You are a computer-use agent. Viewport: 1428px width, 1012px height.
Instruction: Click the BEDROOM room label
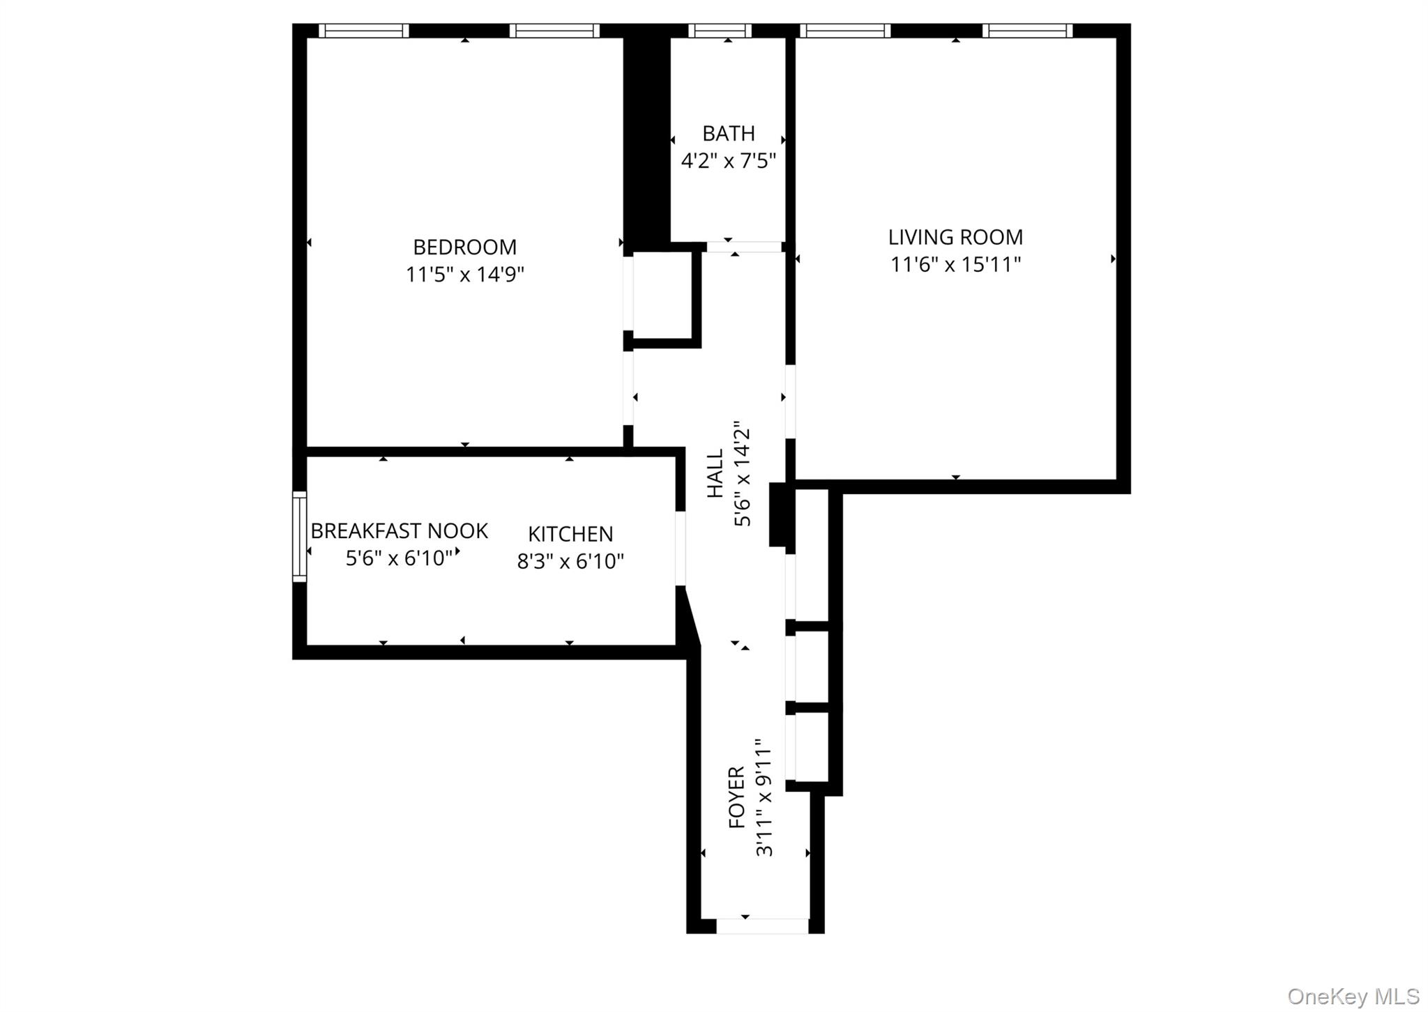tap(464, 247)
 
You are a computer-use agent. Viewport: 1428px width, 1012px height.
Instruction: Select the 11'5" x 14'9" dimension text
tap(464, 275)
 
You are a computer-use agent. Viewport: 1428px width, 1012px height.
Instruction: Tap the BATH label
tap(728, 133)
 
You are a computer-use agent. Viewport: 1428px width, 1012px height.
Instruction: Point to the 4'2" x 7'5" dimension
tap(728, 162)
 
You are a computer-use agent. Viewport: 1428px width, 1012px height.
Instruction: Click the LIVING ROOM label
tap(955, 238)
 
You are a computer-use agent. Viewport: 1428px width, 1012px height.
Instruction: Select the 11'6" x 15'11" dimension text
tap(955, 265)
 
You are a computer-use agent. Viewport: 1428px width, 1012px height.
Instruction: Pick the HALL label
tap(716, 474)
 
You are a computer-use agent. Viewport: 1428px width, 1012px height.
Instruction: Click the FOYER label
tap(737, 797)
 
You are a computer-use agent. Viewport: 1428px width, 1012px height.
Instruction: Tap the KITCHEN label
tap(570, 535)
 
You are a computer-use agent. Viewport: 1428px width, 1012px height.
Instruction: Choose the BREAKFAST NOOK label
tap(399, 532)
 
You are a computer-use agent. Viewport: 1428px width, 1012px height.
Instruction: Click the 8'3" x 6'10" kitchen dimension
tap(570, 562)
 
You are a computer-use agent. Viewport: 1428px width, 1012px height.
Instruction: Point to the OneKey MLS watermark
tap(1353, 996)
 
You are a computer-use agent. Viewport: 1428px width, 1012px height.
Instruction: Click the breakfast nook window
tap(299, 536)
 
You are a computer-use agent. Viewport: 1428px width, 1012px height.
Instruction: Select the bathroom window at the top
tap(720, 31)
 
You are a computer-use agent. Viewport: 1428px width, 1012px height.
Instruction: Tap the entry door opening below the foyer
tap(762, 926)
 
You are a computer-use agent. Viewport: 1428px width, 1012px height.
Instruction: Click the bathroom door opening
tap(744, 247)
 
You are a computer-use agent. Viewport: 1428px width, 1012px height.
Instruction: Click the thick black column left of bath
tap(646, 139)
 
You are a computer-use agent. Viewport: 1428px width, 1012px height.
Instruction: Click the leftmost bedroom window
tap(364, 31)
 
